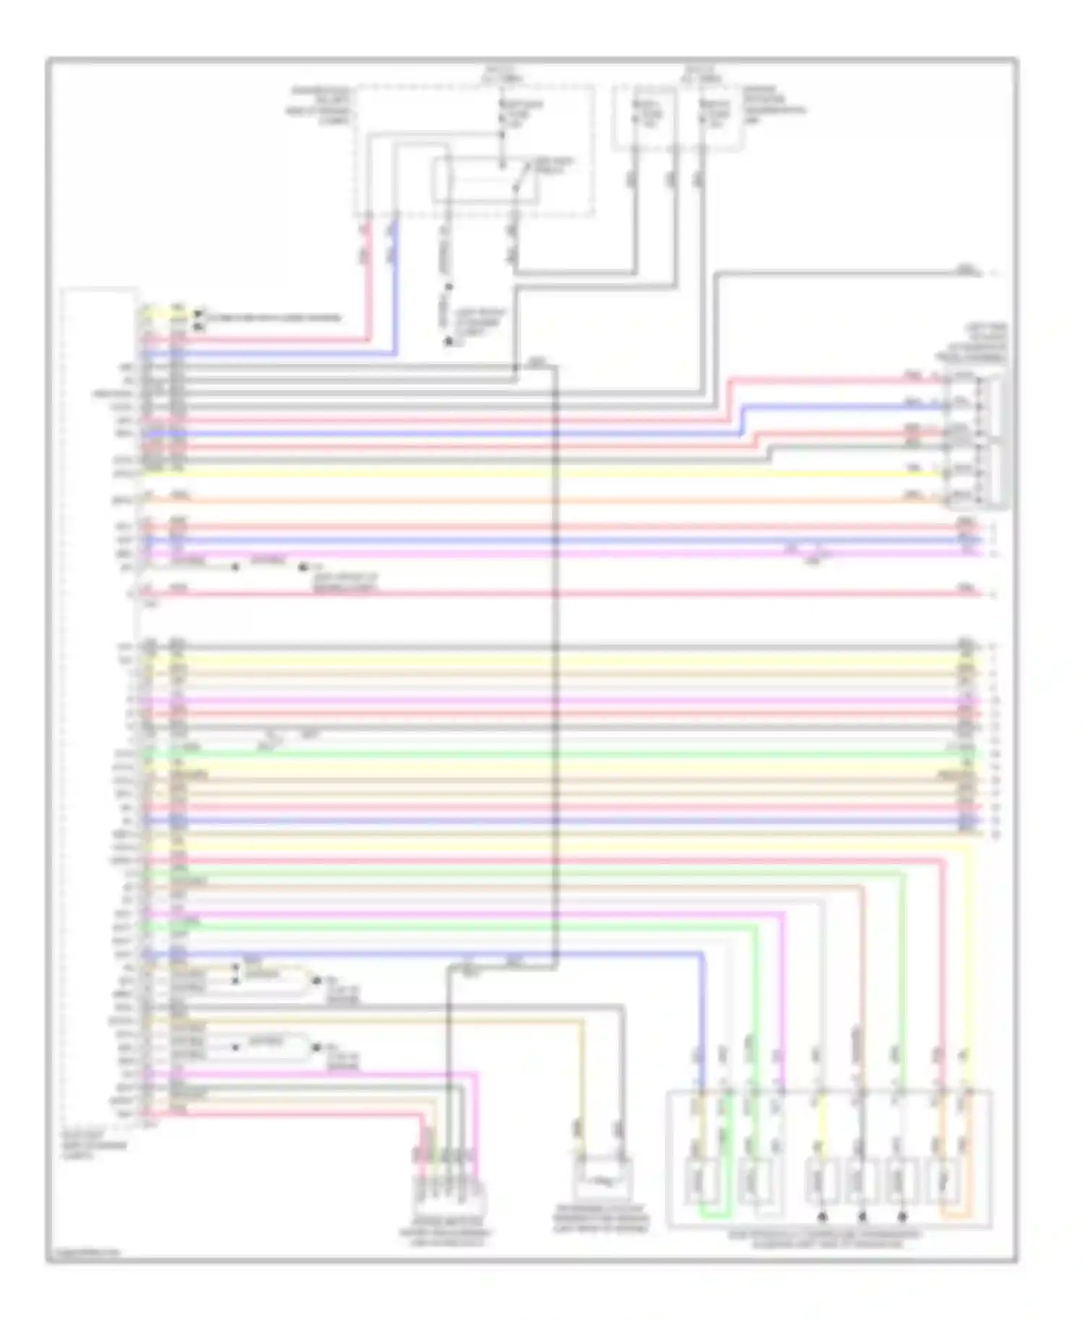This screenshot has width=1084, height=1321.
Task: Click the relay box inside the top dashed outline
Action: point(485,180)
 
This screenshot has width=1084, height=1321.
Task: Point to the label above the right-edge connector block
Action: point(971,343)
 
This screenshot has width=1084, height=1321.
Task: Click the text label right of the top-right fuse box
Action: point(775,106)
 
